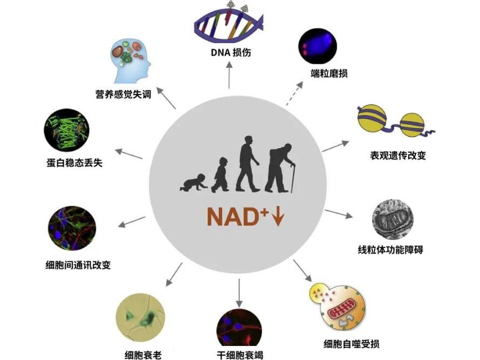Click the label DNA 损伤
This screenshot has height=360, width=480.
tap(229, 53)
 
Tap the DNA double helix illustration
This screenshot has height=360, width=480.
tap(228, 25)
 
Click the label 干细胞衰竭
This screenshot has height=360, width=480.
tap(239, 355)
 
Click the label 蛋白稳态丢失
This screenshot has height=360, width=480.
tap(74, 162)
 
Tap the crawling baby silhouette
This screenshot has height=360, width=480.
tap(193, 183)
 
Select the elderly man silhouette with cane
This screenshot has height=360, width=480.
tap(281, 168)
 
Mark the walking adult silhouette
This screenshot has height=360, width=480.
tap(248, 163)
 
